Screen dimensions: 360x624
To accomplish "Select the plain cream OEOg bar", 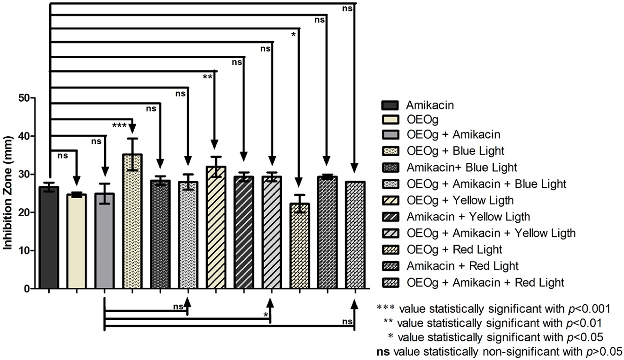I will (77, 241).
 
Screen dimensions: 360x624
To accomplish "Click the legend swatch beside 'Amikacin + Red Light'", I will (389, 266).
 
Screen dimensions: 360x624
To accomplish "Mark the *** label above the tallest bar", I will (120, 125).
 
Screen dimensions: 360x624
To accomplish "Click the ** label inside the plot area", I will (207, 77).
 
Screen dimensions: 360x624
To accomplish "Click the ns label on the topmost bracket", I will (347, 9).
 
